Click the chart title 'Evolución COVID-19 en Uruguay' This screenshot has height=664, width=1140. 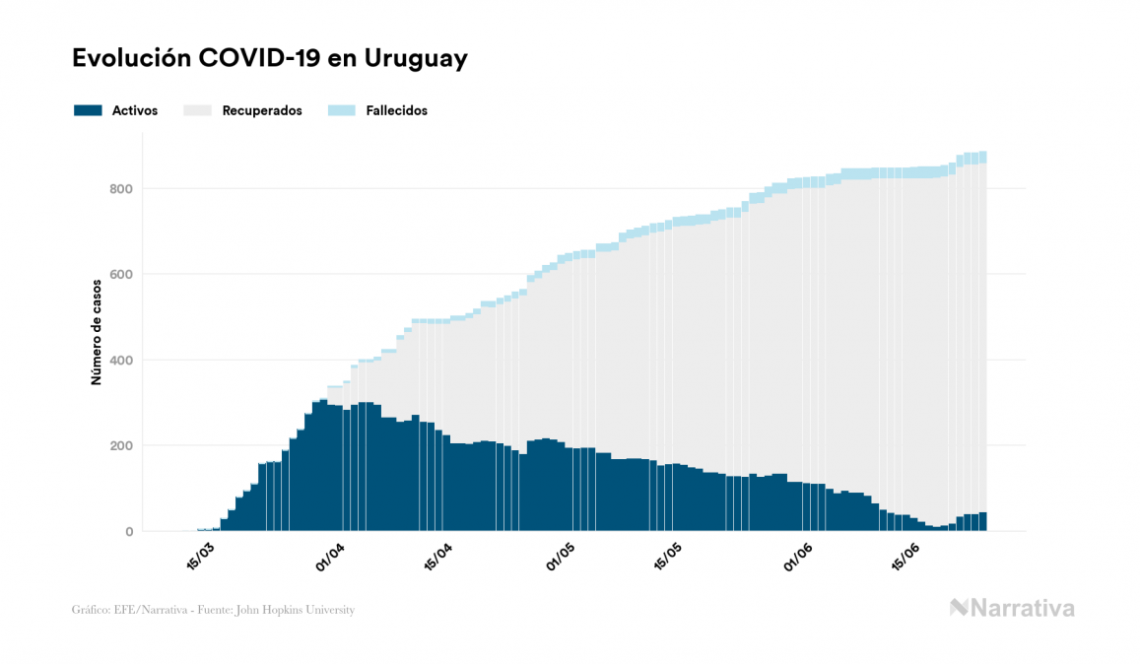tap(269, 59)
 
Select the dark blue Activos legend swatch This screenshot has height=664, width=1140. tap(88, 110)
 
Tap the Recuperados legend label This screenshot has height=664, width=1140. tap(261, 111)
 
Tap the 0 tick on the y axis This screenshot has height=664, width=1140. tap(128, 532)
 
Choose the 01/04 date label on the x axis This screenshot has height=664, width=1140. tap(330, 555)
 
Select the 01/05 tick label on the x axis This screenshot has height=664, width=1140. tap(563, 555)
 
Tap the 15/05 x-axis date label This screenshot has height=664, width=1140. tap(667, 555)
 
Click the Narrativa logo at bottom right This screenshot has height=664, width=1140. tap(1012, 608)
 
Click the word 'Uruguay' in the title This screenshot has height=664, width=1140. tap(416, 59)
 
